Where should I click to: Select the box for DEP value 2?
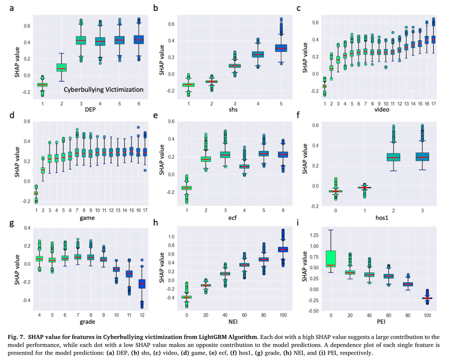tap(61, 67)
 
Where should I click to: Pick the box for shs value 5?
tap(282, 48)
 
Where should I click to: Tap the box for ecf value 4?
tap(244, 166)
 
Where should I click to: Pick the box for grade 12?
tap(142, 284)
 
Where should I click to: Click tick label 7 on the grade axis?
tap(77, 316)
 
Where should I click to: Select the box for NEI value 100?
tap(282, 249)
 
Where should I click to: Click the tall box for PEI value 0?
tap(330, 259)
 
